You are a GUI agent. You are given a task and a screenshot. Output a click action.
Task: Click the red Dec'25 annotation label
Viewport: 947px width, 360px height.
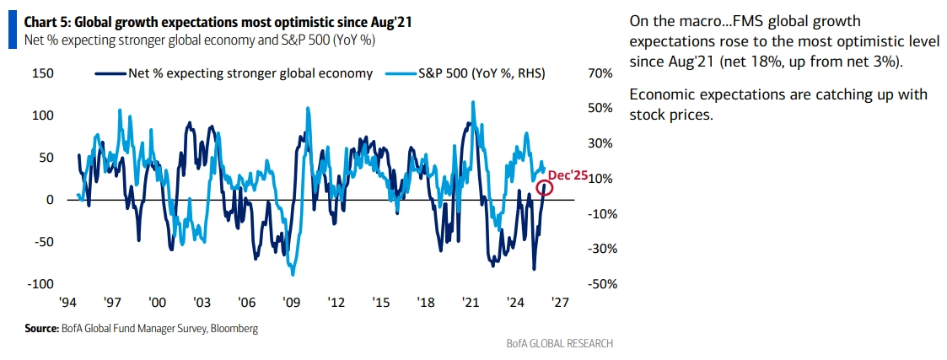point(567,175)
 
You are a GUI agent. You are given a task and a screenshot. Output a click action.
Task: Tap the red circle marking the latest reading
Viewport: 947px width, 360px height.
point(545,187)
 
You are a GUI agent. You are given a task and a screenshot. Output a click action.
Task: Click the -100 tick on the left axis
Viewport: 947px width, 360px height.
point(40,284)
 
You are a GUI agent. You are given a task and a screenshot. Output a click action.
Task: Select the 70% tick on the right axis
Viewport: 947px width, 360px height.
point(600,73)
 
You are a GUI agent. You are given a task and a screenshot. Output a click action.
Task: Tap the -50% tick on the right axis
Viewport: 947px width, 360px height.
point(598,284)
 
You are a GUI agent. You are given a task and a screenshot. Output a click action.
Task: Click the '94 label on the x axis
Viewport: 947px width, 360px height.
point(70,302)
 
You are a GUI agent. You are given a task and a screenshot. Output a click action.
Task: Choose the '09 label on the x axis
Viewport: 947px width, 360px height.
point(292,302)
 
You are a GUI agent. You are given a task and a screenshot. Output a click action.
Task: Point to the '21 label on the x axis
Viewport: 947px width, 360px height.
point(471,302)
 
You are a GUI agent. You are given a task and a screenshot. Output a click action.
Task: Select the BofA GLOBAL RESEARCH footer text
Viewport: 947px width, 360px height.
point(559,343)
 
